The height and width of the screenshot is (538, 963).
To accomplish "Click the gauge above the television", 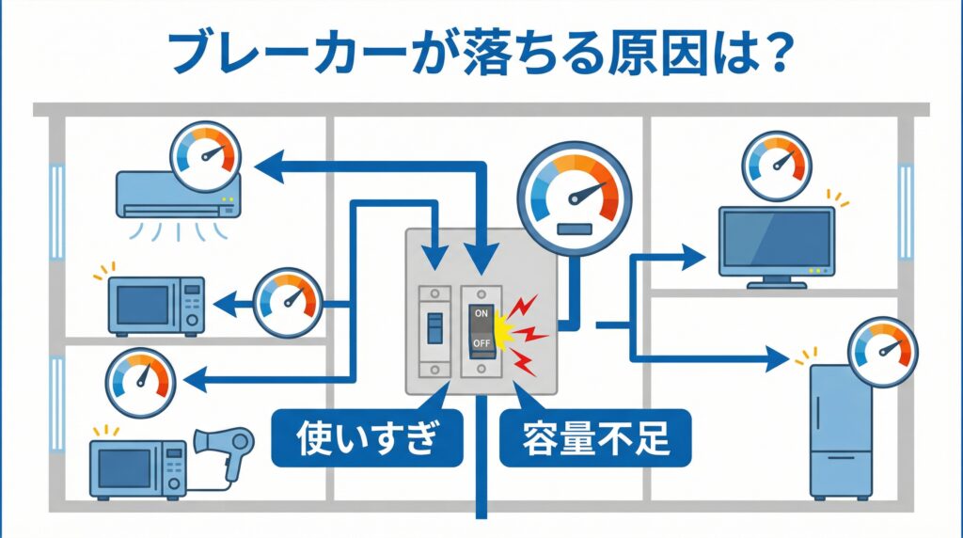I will [x=776, y=166].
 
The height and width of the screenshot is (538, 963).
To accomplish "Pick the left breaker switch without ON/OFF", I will [x=434, y=326].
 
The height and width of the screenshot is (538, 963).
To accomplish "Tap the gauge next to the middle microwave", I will [x=288, y=301].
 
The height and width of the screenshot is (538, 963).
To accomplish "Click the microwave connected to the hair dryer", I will [x=137, y=466].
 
